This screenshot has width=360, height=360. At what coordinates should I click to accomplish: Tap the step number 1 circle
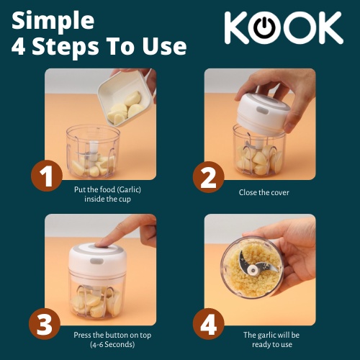(x=47, y=176)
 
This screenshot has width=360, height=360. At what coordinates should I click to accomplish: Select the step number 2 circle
(x=208, y=177)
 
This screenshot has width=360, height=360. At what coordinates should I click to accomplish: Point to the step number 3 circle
(x=45, y=324)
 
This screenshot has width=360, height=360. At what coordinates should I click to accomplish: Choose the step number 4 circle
(x=209, y=324)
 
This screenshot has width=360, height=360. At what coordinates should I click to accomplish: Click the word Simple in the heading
(x=53, y=21)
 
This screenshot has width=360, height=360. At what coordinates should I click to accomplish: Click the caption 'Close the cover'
(x=264, y=192)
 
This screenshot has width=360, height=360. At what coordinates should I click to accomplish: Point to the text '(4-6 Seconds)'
(x=112, y=345)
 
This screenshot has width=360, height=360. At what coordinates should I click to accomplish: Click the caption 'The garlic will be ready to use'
(x=271, y=340)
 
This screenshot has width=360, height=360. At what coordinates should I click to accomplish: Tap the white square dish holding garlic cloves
(x=125, y=99)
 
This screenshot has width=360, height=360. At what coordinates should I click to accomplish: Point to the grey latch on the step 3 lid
(x=96, y=261)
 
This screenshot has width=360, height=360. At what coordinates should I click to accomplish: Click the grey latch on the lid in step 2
(x=262, y=111)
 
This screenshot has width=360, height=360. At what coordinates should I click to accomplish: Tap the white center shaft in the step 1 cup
(x=94, y=150)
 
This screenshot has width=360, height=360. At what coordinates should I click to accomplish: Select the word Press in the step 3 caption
(x=82, y=335)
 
